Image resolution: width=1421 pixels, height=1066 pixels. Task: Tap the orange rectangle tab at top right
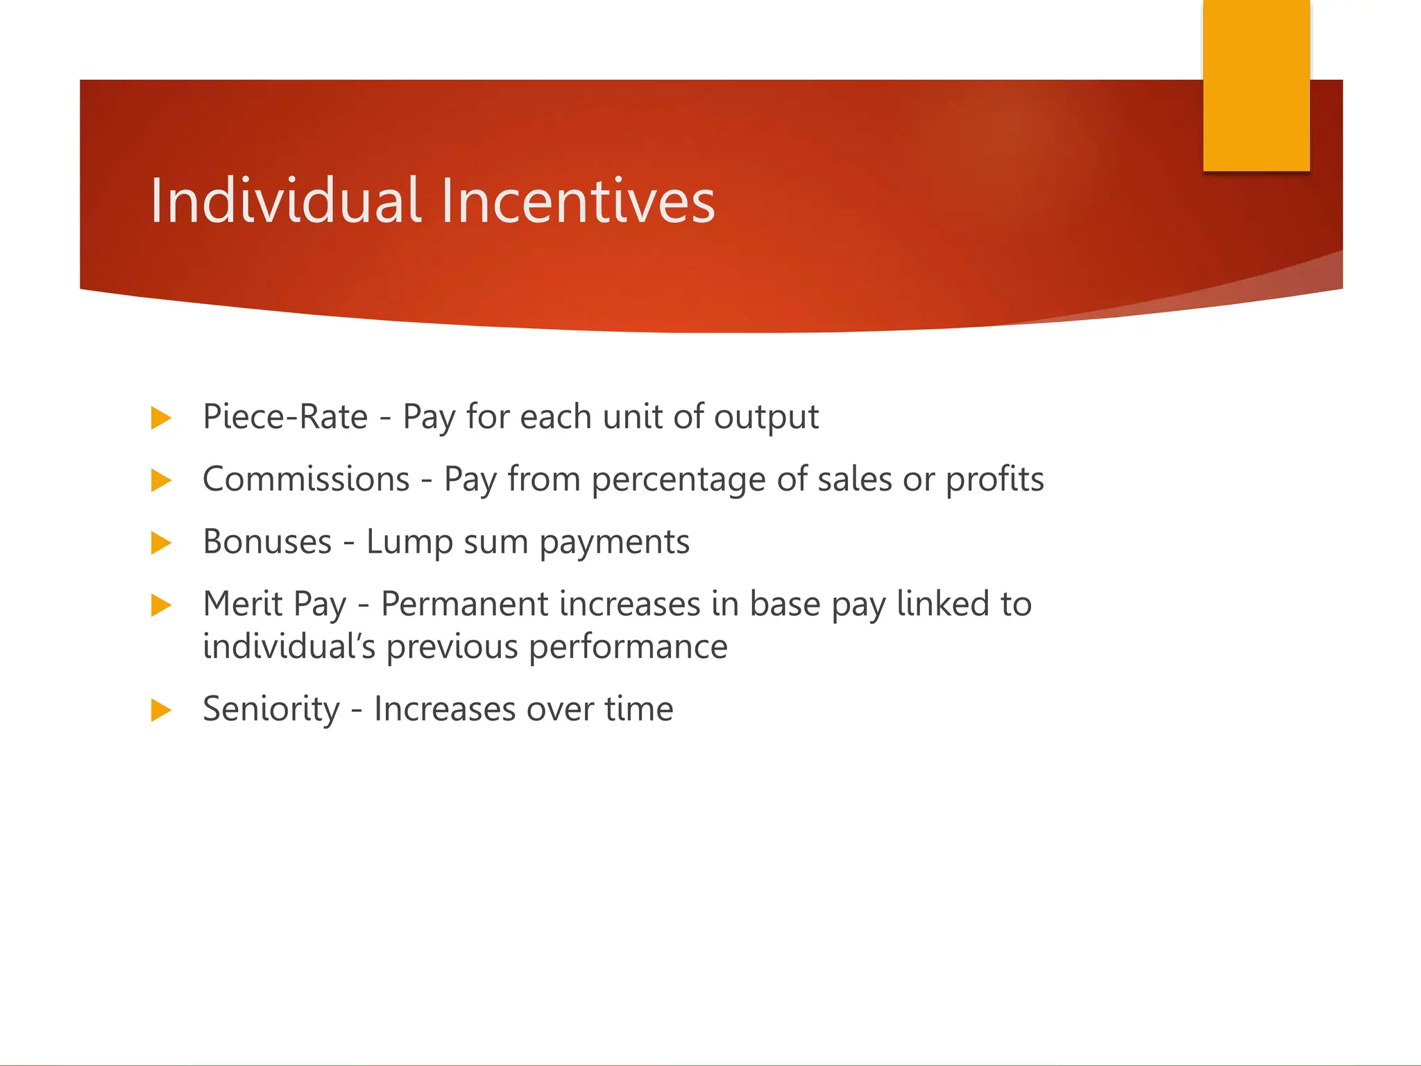[x=1256, y=85]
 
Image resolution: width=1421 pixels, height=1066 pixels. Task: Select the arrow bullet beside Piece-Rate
[x=160, y=418]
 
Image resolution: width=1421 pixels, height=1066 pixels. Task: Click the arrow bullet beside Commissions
[x=160, y=480]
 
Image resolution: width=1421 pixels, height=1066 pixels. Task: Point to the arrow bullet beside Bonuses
[x=160, y=543]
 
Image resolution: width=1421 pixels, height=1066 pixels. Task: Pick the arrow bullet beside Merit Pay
[x=160, y=605]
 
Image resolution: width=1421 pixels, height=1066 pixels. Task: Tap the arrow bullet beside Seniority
[x=160, y=710]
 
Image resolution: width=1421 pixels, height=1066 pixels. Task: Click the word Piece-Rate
[x=285, y=417]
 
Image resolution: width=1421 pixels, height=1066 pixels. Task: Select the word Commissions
[x=306, y=480]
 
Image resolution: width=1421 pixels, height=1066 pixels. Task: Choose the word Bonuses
[x=267, y=542]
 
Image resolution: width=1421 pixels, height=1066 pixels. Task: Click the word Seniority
[x=271, y=709]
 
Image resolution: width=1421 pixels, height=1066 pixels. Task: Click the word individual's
[x=289, y=647]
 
